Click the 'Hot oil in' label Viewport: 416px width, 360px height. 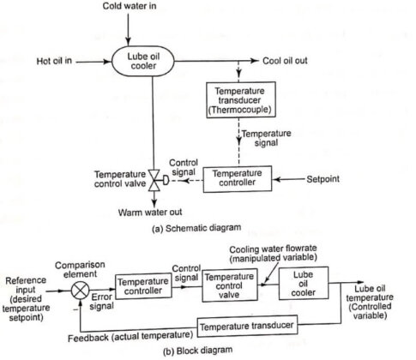(x=57, y=62)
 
